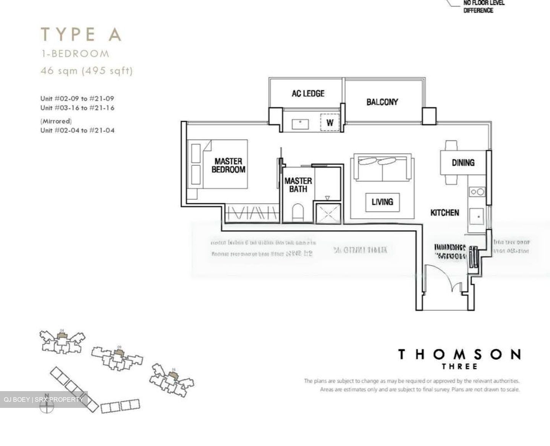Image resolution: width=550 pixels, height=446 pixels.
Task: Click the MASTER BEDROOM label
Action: tap(228, 165)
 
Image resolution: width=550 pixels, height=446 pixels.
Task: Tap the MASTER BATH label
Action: tap(298, 184)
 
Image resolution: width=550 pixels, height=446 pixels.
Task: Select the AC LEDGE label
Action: tap(308, 93)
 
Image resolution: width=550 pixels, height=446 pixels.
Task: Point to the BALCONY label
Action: tap(382, 102)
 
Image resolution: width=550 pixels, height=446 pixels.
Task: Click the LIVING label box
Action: tap(382, 202)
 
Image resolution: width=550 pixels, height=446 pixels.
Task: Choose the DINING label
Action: tap(463, 163)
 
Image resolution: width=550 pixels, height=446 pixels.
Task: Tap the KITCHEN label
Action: tap(445, 212)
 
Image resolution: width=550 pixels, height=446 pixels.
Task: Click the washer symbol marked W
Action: tap(330, 123)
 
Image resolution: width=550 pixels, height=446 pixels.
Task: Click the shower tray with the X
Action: tap(327, 213)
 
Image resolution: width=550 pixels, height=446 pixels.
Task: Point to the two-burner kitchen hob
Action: tap(477, 192)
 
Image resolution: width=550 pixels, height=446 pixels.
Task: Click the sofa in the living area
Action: tap(382, 168)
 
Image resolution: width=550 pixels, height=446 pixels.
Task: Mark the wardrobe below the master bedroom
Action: tap(251, 213)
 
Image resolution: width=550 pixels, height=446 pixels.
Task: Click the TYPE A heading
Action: tap(81, 34)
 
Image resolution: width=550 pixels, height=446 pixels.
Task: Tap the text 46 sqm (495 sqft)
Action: tap(87, 71)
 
